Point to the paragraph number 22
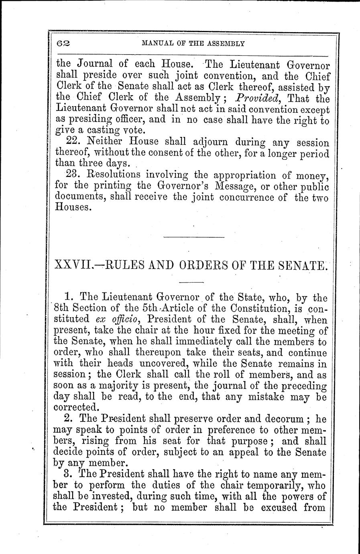[x=72, y=142]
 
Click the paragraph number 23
[x=72, y=175]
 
